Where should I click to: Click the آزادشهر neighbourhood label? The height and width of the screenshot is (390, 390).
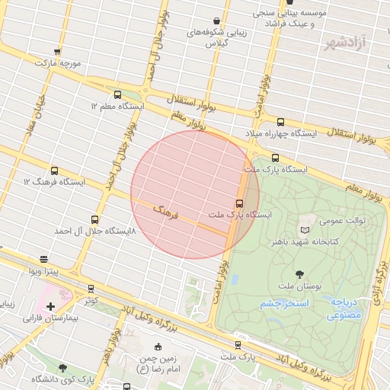point(355,40)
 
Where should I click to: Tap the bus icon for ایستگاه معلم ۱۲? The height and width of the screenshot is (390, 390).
point(117,94)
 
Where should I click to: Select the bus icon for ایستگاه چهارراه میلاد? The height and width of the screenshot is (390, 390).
point(280,122)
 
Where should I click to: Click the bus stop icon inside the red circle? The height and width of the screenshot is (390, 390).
point(239,203)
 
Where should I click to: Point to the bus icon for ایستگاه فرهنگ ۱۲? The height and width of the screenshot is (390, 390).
point(54,171)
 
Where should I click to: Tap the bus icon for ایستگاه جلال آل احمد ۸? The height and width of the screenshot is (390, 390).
point(95,219)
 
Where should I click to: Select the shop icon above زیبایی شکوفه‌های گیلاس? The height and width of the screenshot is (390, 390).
point(218,21)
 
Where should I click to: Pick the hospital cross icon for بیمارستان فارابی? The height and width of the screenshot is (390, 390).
point(51,306)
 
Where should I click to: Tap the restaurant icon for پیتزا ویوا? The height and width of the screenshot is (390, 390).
point(44,260)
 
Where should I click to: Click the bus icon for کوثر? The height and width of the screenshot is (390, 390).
point(91,289)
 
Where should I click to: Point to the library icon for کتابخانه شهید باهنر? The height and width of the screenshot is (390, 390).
point(305,230)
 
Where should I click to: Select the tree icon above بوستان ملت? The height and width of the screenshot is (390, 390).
point(298,273)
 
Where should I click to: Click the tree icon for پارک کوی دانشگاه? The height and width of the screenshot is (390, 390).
point(62,368)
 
